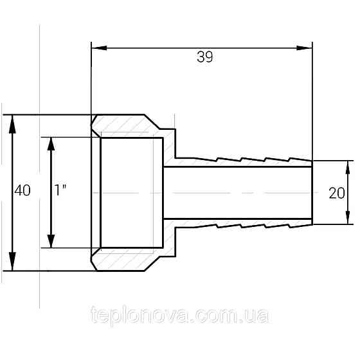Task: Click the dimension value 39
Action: click(x=205, y=57)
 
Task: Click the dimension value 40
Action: click(x=22, y=190)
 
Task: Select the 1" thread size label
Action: click(x=60, y=190)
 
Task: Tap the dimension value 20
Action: click(x=337, y=193)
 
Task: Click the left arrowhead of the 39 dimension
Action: click(x=99, y=48)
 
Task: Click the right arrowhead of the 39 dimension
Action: click(x=305, y=48)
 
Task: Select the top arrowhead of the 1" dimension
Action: click(x=51, y=144)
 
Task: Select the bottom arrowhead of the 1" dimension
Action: click(x=51, y=241)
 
